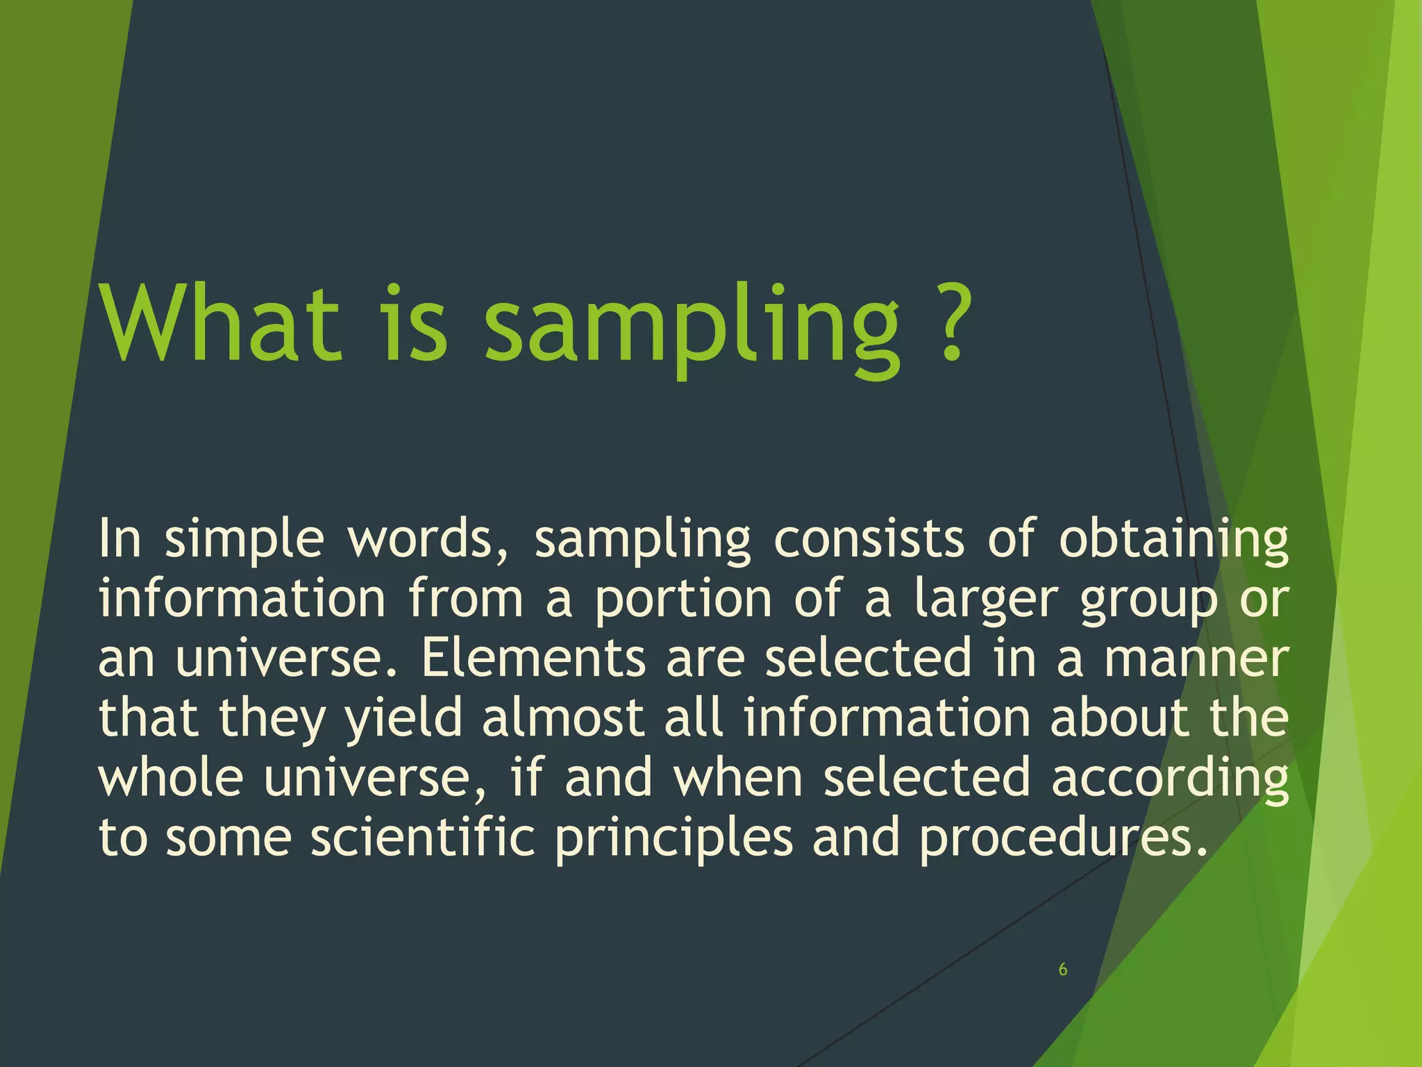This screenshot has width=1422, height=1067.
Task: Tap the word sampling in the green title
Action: point(691,326)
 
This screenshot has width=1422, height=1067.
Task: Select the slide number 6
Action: point(1062,970)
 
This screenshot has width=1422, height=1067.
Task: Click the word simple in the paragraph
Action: point(244,540)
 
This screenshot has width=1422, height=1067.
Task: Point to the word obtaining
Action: point(1173,540)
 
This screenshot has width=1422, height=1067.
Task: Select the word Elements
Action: point(533,659)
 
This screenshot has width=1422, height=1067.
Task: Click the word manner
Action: point(1196,659)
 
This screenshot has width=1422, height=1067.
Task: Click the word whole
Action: point(171,778)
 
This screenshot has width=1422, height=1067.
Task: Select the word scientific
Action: point(422,838)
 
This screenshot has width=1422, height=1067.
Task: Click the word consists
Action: point(869,539)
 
